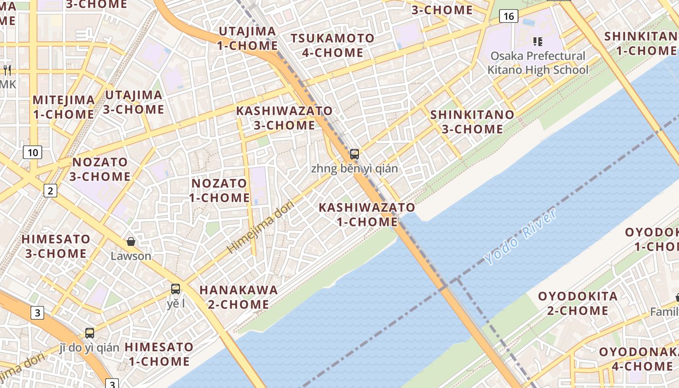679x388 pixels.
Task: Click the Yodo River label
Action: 520,237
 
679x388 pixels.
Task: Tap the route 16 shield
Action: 508,16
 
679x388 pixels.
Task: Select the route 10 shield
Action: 32,153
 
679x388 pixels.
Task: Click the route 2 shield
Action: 50,190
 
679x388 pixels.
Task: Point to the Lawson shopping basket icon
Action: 130,241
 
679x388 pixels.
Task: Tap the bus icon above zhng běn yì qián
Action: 355,154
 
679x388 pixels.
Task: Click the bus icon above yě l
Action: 176,289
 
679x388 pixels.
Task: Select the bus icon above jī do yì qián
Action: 90,333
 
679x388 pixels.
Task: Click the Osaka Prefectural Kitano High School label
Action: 537,63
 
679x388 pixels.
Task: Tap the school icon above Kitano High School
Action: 537,41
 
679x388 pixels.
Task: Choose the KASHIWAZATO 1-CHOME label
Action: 367,214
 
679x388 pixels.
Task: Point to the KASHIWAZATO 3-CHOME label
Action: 284,118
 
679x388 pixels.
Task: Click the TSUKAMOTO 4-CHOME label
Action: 333,45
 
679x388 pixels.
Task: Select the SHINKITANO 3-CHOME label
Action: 472,122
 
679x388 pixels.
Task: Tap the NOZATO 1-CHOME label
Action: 219,191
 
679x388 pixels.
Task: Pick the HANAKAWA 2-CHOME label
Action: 239,297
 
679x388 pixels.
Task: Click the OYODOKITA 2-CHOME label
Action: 578,303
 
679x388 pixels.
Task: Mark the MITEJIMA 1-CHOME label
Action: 64,107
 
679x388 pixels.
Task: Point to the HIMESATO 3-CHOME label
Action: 56,246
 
